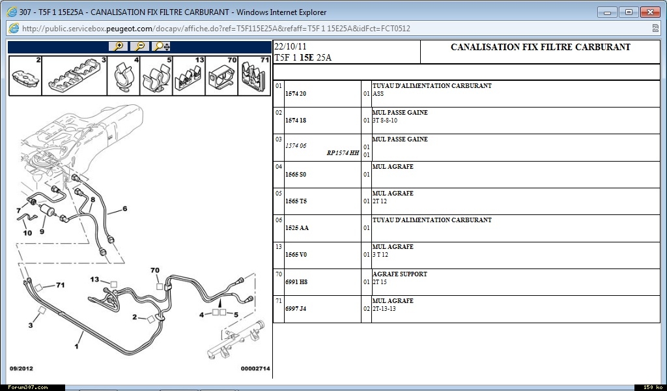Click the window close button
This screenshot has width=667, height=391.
(x=650, y=12)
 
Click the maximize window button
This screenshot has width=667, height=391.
(x=629, y=12)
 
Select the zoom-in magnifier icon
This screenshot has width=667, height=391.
(x=119, y=46)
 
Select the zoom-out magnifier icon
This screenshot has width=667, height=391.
(x=139, y=46)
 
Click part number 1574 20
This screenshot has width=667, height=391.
(x=296, y=94)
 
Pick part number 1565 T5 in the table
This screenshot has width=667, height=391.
(x=296, y=201)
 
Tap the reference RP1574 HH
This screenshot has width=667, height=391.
(x=343, y=153)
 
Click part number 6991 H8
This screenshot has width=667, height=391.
(x=296, y=282)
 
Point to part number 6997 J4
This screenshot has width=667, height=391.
(x=296, y=308)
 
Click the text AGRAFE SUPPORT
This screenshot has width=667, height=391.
(x=400, y=274)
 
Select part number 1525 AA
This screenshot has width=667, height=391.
(x=297, y=228)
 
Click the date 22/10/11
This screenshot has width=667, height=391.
(x=290, y=47)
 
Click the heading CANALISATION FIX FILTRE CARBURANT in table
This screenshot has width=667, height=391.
(x=541, y=47)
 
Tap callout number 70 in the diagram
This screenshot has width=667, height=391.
(x=155, y=270)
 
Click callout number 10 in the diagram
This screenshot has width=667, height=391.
(x=27, y=233)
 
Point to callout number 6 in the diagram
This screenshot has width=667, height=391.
(x=125, y=209)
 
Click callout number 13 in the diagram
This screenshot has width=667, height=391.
(x=94, y=280)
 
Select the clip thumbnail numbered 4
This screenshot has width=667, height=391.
(x=123, y=76)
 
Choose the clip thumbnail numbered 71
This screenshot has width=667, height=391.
(x=255, y=76)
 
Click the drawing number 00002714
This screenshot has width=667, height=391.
(x=255, y=369)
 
